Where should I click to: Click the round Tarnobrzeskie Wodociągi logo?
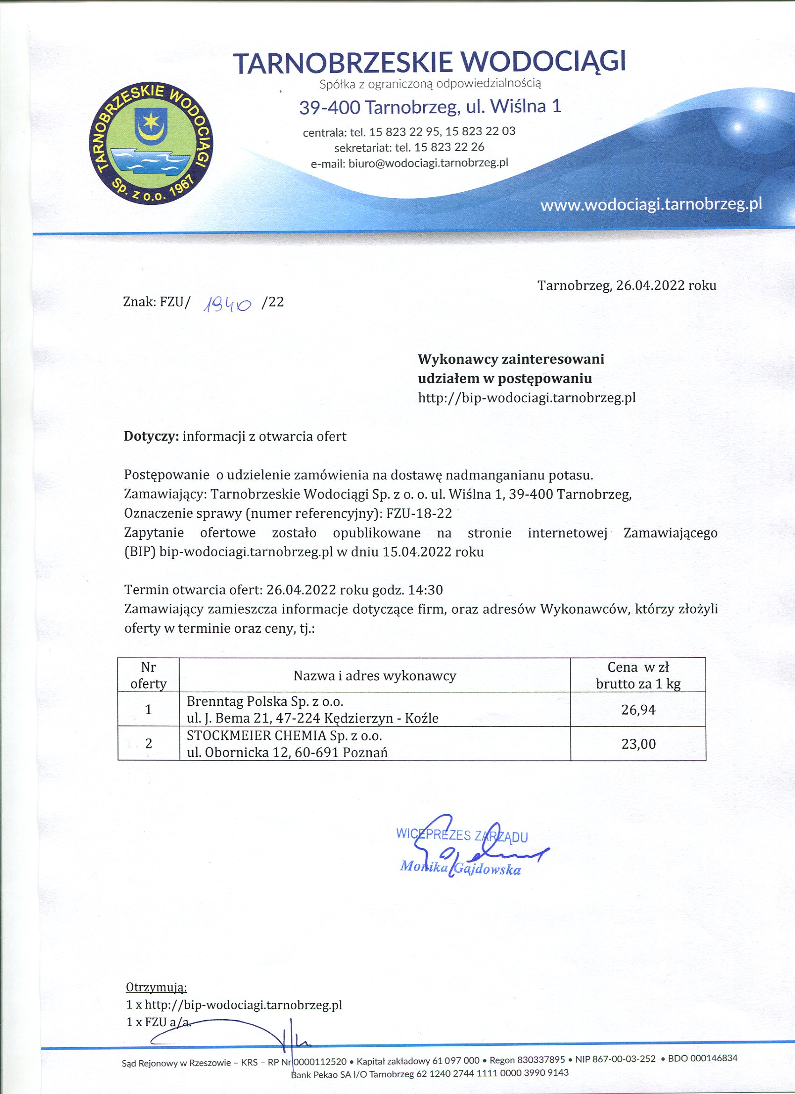click(152, 143)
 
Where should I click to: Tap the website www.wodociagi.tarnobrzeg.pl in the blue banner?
click(651, 204)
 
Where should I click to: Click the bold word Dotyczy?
click(152, 436)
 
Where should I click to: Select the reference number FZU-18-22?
click(419, 513)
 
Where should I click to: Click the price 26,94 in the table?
click(638, 710)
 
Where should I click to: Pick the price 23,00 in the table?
click(638, 744)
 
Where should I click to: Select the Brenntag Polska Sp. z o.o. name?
click(265, 701)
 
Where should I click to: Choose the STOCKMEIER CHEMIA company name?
click(284, 736)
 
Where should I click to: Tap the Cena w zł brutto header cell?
click(638, 675)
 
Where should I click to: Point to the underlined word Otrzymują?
click(156, 987)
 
